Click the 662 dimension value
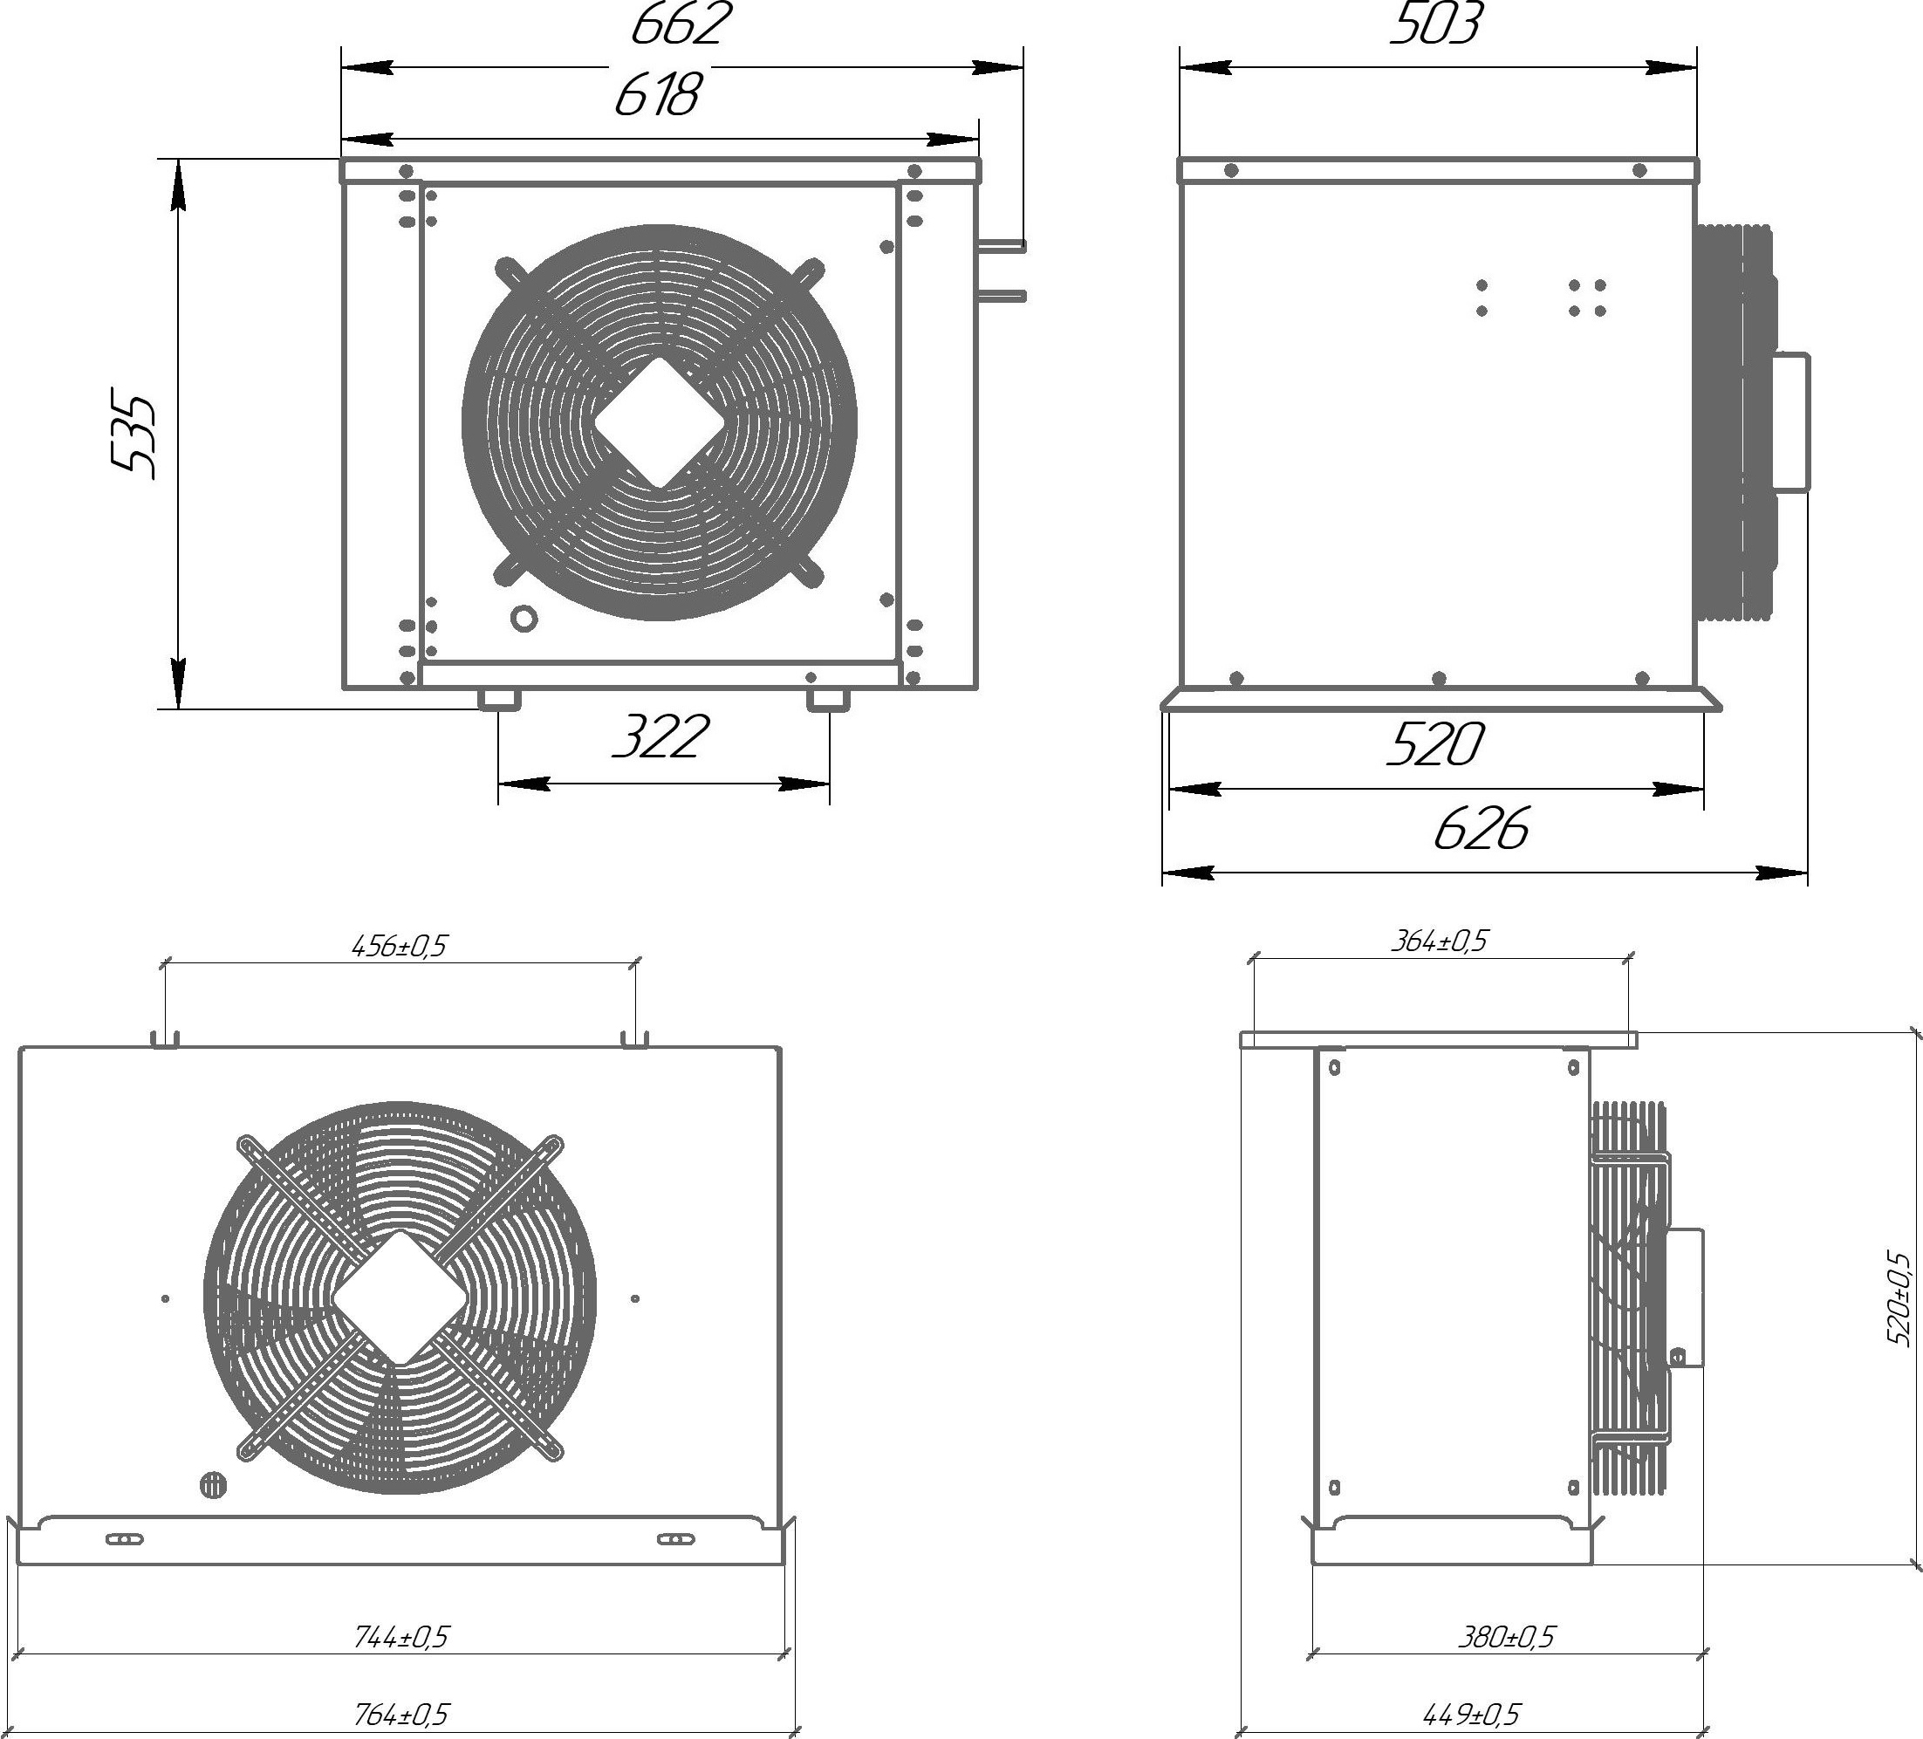681,24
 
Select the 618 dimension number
658,95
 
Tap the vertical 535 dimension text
133,434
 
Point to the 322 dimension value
660,737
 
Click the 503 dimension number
1435,24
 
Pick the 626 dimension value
1482,828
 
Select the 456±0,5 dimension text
400,947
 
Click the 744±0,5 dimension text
400,1637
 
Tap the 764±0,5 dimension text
400,1715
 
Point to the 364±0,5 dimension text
1440,941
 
